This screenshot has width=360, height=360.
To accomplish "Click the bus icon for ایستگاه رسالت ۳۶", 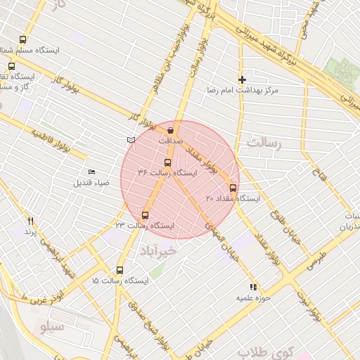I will (167, 162).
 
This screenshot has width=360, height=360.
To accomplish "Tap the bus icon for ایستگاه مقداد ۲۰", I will (233, 188).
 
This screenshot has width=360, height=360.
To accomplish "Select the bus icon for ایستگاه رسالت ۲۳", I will (146, 215).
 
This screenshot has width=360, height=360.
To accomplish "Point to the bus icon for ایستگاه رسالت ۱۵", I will (120, 270).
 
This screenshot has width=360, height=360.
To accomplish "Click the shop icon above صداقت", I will (171, 130).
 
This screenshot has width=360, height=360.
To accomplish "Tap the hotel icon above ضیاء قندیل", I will (91, 172).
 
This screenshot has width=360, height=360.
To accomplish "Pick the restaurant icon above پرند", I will (30, 221).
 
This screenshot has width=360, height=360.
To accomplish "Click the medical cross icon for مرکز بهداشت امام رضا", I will (243, 80).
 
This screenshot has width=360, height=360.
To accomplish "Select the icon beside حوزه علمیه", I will (253, 287).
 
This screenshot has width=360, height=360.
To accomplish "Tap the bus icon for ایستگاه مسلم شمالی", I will (23, 40).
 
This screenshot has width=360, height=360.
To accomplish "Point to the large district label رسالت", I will (264, 143).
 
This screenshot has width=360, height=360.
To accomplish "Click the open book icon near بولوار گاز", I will (130, 140).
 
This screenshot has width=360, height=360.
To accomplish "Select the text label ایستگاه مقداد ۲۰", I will (233, 199).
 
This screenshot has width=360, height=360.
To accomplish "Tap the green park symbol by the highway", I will (345, 70).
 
